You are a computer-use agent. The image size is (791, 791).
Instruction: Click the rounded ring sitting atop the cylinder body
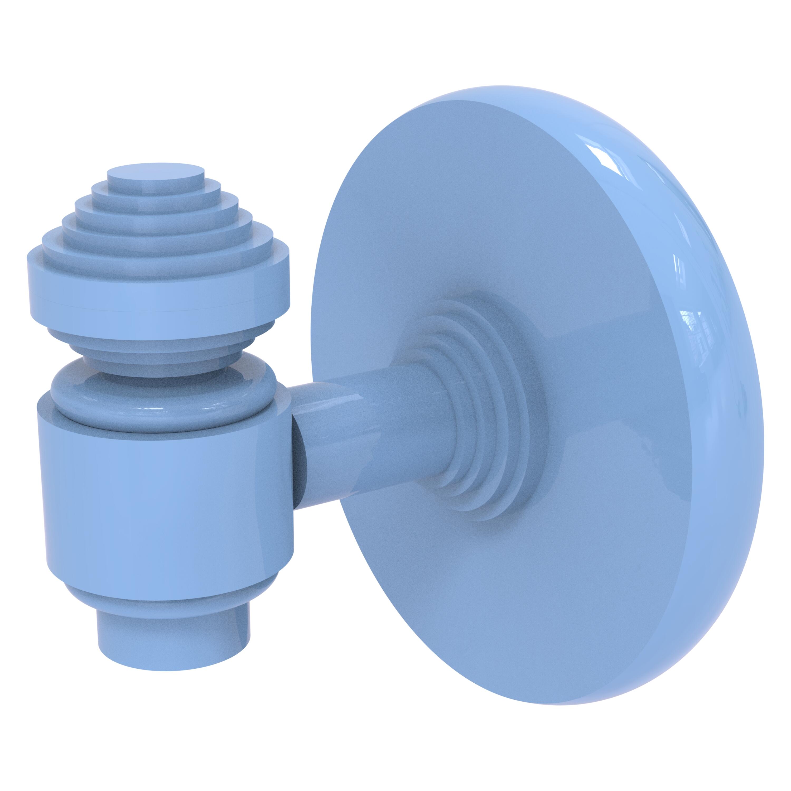164,393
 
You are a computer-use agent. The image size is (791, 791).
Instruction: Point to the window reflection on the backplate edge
692,327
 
